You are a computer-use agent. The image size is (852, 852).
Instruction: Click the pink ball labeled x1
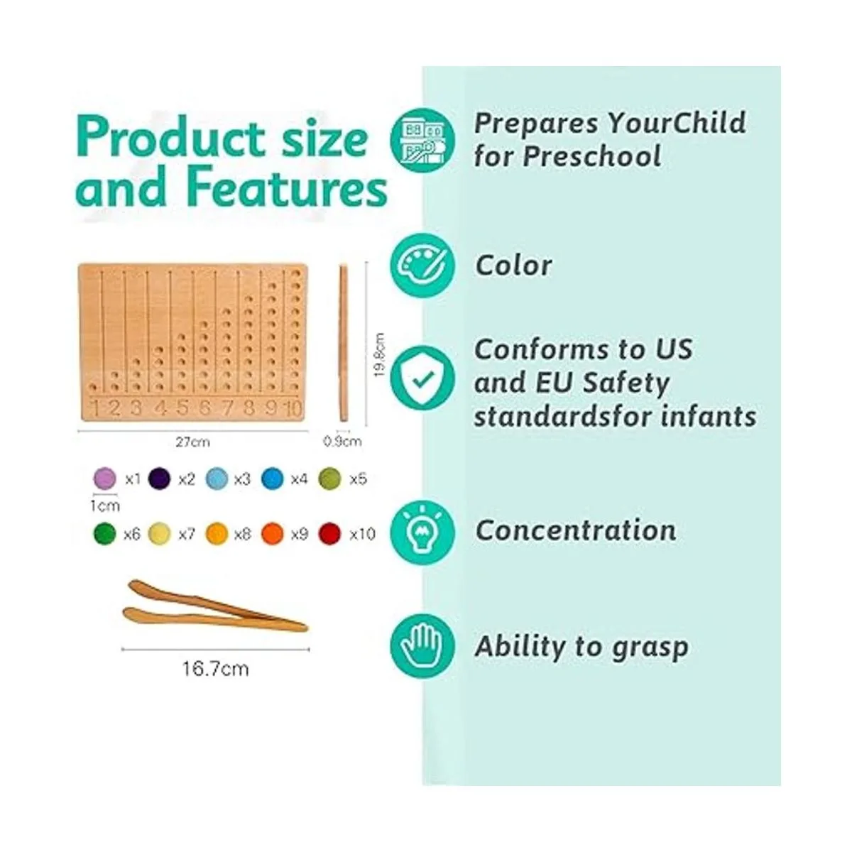[x=105, y=479]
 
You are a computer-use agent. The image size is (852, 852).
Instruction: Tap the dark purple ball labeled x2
[x=160, y=479]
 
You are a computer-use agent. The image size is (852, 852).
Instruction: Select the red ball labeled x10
[x=330, y=534]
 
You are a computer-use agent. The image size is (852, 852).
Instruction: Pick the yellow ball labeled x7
[x=160, y=534]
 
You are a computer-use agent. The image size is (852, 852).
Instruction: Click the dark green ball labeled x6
[x=104, y=534]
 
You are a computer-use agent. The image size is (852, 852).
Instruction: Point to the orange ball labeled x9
[x=273, y=534]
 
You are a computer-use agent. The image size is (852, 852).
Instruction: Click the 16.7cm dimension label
[x=215, y=669]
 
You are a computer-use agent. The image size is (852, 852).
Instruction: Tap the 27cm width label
[x=193, y=442]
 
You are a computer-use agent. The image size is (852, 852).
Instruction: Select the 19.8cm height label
[x=379, y=355]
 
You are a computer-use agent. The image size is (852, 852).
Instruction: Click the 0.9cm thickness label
[x=343, y=441]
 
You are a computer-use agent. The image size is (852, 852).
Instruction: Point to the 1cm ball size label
[x=105, y=506]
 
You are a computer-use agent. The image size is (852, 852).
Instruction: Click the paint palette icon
[x=422, y=266]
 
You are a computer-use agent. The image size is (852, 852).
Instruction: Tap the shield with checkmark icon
[x=422, y=378]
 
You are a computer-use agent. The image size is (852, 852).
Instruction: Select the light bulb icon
[x=422, y=532]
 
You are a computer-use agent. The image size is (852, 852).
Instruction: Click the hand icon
[x=422, y=646]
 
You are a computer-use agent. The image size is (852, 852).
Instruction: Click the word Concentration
[x=576, y=530]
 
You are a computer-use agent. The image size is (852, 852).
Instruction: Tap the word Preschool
[x=592, y=156]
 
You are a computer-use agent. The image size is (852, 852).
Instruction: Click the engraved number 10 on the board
[x=293, y=408]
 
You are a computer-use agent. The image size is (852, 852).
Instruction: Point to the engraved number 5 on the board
[x=182, y=408]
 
